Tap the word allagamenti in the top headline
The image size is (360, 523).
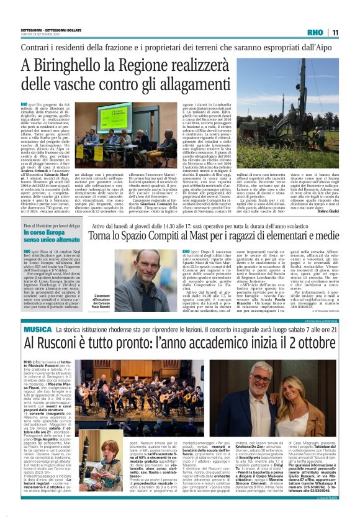[201, 87]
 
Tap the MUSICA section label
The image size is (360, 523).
[39, 329]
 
